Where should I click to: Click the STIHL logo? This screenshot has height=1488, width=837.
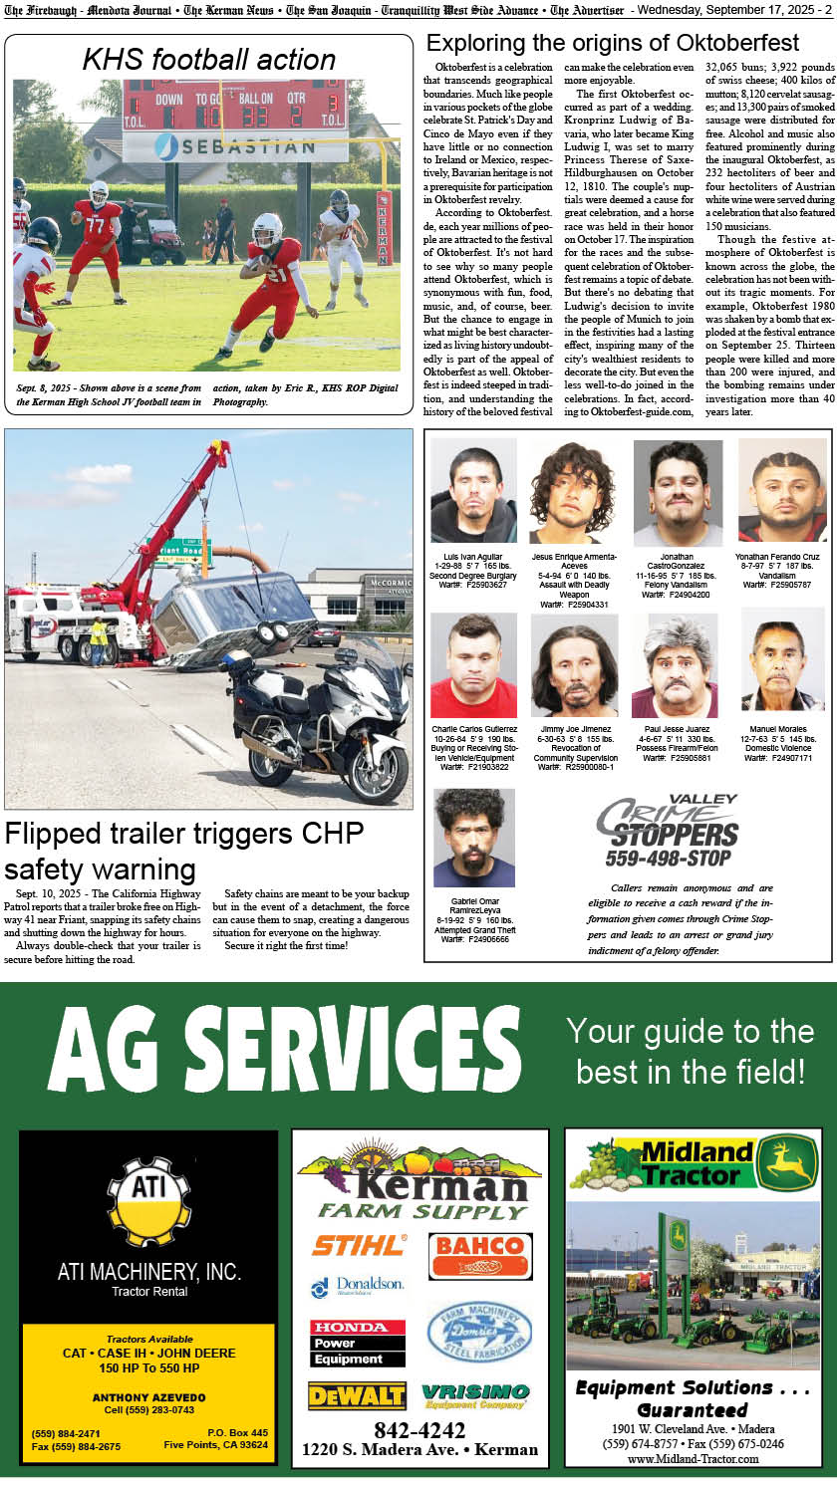360,1244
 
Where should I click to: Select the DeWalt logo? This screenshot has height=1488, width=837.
357,1395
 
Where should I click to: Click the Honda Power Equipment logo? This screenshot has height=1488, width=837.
357,1343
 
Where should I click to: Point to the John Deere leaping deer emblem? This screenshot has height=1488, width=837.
786,1163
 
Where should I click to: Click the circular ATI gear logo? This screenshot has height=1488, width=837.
148,1201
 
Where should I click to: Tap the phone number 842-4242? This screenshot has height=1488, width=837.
419,1430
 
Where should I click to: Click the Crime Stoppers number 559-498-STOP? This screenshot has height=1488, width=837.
668,858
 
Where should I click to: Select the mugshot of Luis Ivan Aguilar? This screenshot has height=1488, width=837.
473,491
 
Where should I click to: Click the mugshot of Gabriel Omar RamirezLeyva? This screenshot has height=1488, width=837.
473,838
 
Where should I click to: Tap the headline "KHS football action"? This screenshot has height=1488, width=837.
208,60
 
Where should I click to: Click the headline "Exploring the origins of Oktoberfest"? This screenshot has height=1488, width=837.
612,43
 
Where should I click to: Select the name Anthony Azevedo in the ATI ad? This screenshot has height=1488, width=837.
148,1397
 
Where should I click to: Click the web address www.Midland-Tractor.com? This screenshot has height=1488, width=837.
693,1458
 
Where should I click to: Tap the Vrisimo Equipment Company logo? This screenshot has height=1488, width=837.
474,1395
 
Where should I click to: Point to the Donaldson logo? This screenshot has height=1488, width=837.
358,1286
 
